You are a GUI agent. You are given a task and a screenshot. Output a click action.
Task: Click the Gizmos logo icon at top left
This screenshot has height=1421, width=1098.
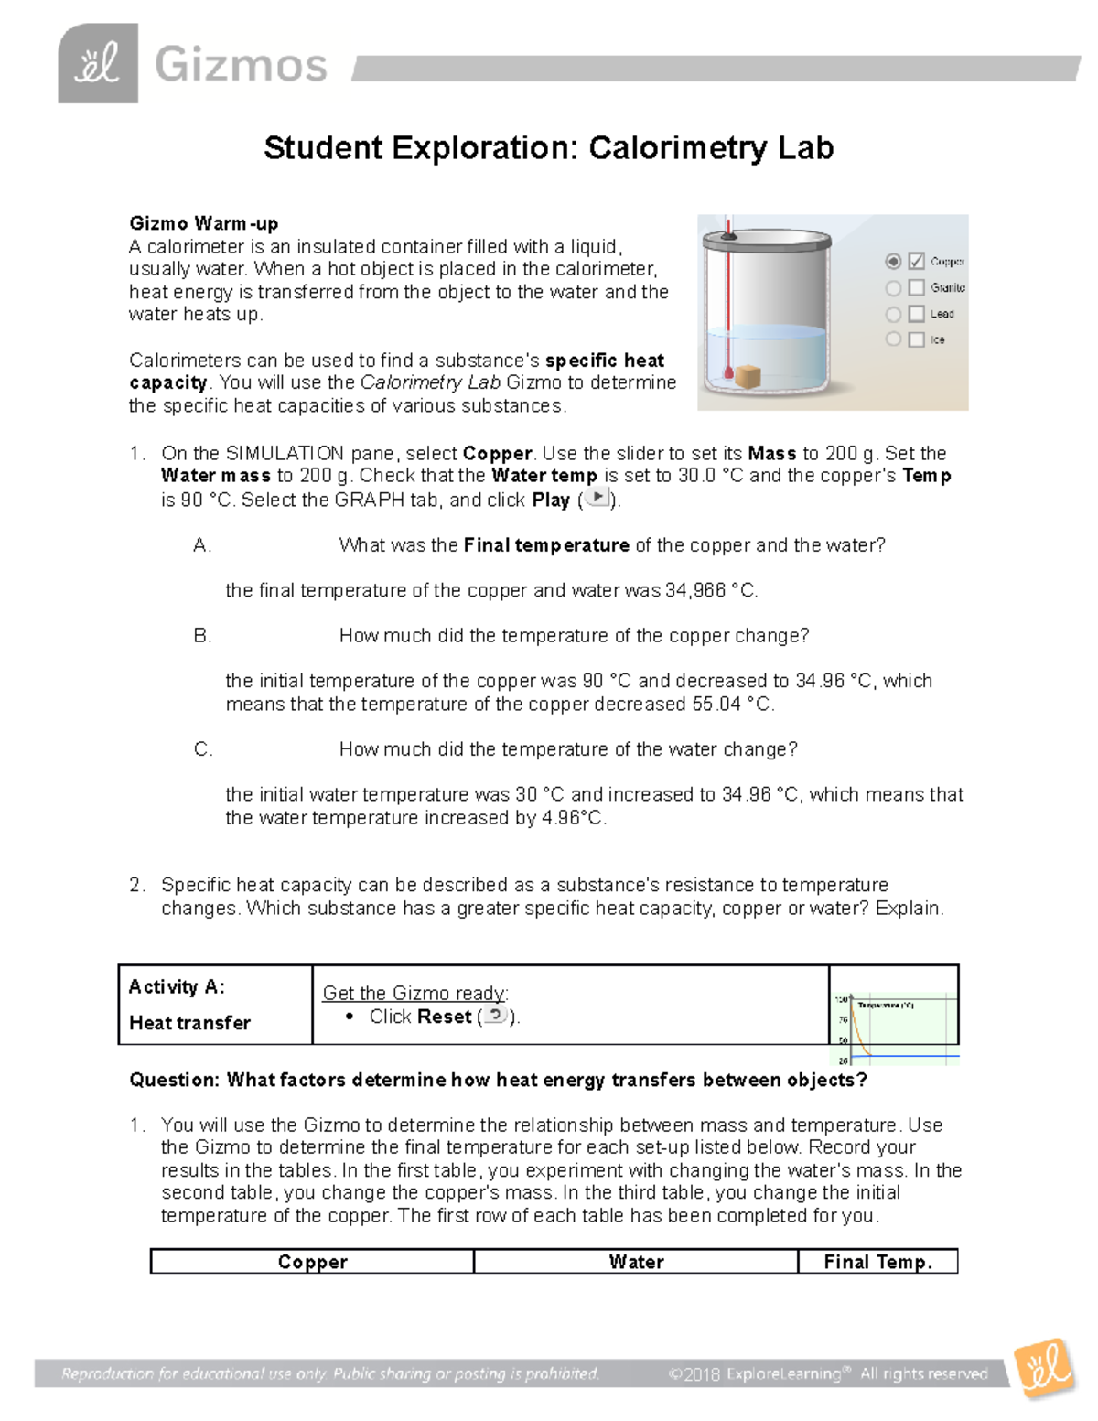(98, 64)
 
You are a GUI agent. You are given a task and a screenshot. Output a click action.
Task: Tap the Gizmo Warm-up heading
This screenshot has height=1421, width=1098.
(203, 223)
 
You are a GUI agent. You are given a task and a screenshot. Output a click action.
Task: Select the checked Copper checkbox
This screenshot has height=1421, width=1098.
(916, 262)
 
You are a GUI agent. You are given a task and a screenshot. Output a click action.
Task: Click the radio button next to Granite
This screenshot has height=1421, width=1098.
(893, 288)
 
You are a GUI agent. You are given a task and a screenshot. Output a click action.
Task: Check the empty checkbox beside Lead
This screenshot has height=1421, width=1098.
(916, 314)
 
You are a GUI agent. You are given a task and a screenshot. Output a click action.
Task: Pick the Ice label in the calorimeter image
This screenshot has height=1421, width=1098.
(938, 339)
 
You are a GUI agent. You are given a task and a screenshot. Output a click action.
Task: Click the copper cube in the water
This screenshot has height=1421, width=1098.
(748, 376)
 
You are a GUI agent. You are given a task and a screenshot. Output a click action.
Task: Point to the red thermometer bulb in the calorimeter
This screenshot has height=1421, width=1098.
(728, 373)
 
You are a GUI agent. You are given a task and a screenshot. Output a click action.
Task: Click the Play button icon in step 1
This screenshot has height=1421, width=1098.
(597, 498)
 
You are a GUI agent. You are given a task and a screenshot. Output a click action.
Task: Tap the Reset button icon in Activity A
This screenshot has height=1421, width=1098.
(494, 1015)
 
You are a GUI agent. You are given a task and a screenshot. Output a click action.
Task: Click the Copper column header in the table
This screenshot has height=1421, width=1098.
(312, 1262)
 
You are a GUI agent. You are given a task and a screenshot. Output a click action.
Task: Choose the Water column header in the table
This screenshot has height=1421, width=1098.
(636, 1262)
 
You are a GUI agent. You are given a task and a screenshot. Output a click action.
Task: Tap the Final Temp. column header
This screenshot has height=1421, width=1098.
(877, 1262)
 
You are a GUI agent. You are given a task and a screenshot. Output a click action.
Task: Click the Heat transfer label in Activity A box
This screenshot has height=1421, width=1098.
(189, 1023)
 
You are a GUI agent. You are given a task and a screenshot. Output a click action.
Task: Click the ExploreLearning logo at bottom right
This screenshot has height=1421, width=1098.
(1044, 1368)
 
